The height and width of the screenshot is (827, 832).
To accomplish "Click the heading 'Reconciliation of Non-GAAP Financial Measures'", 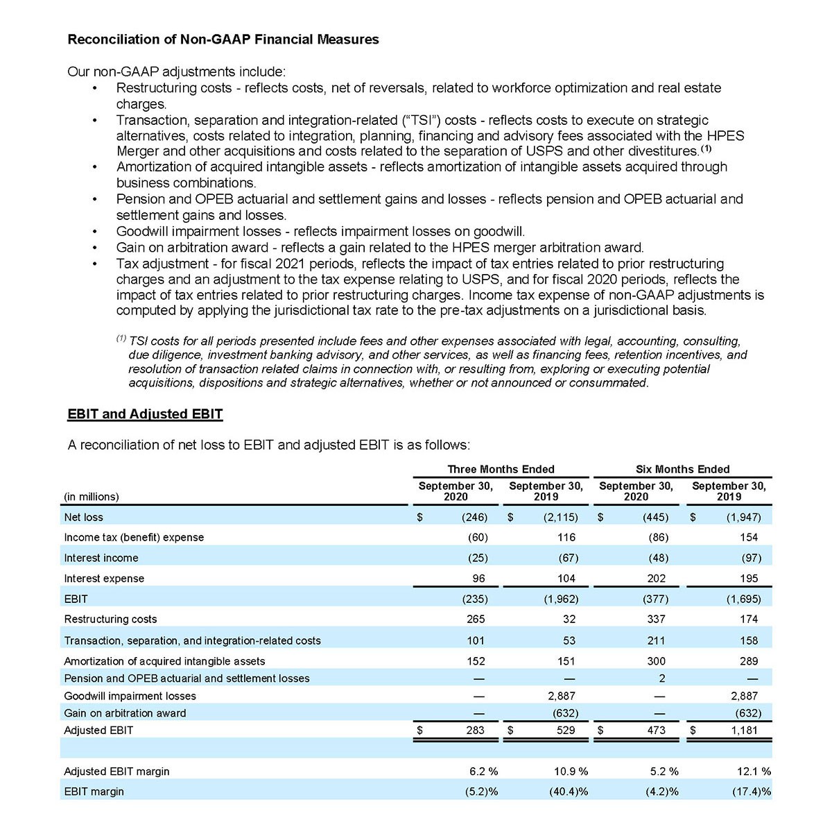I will tap(223, 40).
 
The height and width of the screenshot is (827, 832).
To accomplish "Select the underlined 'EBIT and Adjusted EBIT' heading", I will tap(145, 414).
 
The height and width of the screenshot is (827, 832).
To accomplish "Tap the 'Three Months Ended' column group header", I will tap(501, 469).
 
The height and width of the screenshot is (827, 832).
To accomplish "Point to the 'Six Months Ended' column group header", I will tap(682, 469).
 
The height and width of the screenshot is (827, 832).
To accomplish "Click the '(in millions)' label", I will tap(92, 497).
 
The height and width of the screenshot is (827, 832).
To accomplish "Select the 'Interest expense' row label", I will tap(104, 579).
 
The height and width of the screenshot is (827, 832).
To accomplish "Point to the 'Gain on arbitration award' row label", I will tap(125, 713).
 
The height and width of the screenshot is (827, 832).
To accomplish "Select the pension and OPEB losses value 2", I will tap(662, 678).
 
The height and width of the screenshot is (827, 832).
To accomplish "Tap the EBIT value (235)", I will tap(475, 599).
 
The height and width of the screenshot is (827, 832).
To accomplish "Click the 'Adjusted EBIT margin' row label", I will tap(116, 771).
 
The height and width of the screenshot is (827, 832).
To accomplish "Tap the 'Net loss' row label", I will tap(83, 517).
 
